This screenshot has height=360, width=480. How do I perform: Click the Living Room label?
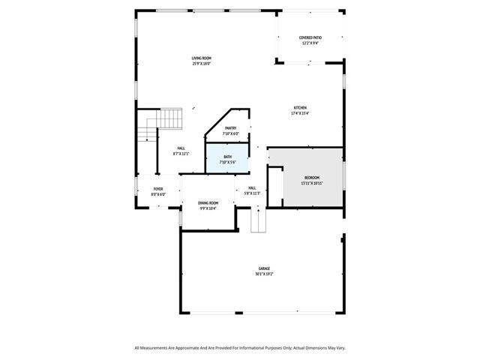[201, 58]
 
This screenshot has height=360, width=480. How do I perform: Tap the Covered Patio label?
[310, 37]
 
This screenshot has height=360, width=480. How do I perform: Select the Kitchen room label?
[300, 108]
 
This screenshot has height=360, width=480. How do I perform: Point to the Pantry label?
[230, 128]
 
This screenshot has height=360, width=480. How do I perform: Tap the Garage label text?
[264, 268]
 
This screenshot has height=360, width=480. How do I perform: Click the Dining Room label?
[208, 203]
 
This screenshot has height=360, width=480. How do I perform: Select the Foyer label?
[158, 189]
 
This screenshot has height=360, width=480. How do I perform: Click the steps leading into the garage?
[258, 220]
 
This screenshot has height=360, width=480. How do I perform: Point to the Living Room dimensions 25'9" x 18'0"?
[201, 64]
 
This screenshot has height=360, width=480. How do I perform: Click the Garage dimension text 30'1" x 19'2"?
[264, 274]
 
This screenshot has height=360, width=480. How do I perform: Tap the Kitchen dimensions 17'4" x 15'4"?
[300, 113]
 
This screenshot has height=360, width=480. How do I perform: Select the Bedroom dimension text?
[311, 183]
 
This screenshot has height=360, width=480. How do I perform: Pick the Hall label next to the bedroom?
[252, 188]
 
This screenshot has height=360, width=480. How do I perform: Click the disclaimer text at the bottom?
[240, 348]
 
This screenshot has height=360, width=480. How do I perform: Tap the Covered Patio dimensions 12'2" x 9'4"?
[310, 43]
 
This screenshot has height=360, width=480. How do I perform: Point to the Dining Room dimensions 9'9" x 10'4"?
[208, 208]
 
